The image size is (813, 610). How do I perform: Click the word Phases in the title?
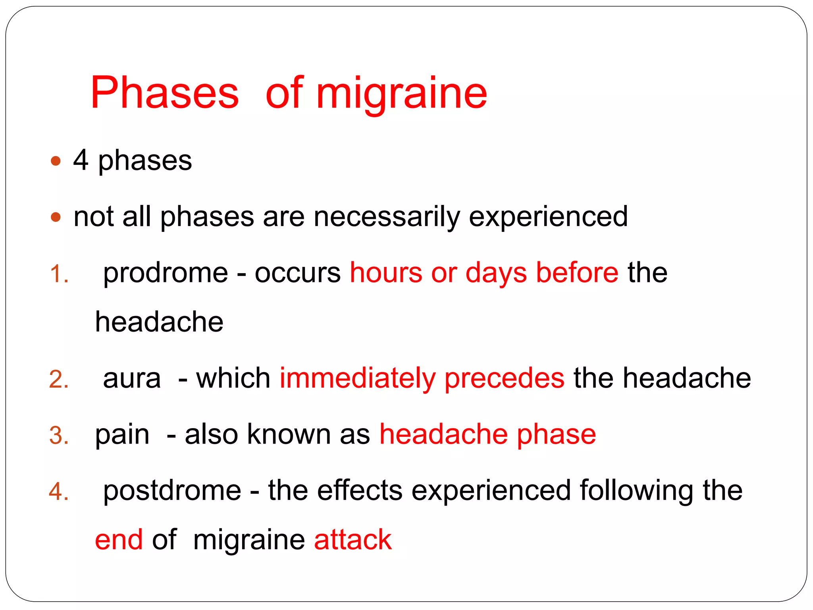[165, 93]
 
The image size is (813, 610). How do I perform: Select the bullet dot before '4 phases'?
[56, 161]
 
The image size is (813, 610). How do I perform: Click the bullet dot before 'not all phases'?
[56, 217]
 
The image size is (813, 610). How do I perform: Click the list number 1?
[59, 274]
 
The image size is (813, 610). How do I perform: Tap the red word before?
[577, 273]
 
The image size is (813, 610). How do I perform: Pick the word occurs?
[297, 273]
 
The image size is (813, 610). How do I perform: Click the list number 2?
[59, 379]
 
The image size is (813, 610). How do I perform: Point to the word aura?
[132, 378]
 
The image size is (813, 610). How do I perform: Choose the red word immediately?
[358, 378]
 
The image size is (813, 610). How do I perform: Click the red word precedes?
[504, 378]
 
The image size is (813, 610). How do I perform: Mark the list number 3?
[59, 435]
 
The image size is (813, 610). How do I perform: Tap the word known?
[289, 434]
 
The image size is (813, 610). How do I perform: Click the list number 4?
[59, 492]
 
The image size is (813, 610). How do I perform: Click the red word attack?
[353, 540]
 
